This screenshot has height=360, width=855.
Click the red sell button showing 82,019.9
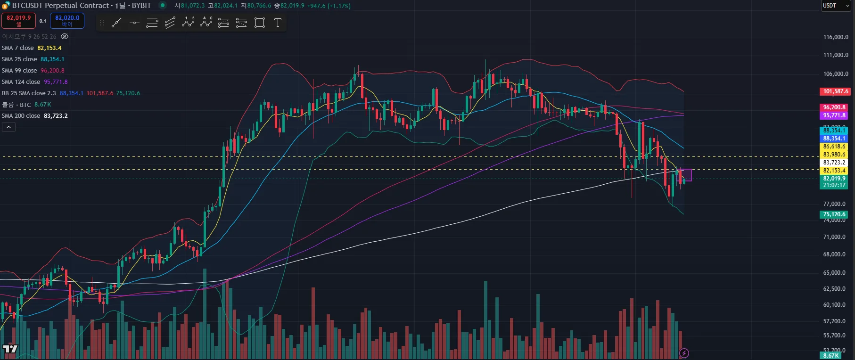click(19, 21)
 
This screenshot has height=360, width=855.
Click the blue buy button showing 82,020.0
click(67, 21)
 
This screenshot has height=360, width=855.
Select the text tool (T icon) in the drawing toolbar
click(278, 23)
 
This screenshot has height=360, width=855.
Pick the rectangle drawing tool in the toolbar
click(260, 23)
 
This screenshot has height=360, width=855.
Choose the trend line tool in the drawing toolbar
click(116, 23)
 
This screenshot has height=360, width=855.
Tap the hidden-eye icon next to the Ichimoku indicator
click(65, 36)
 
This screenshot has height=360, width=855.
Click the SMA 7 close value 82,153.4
click(49, 48)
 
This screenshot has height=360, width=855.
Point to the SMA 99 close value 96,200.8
click(52, 71)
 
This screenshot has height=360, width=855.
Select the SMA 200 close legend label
click(21, 116)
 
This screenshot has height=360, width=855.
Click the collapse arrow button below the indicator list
click(8, 127)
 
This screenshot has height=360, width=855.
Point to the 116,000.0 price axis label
click(835, 37)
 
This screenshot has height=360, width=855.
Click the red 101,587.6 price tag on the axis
click(835, 91)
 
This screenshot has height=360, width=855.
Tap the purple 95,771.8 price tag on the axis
click(834, 115)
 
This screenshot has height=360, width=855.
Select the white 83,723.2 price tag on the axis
click(834, 163)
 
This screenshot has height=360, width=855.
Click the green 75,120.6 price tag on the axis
click(834, 214)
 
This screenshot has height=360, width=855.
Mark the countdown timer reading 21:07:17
click(834, 185)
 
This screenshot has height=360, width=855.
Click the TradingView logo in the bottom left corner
click(10, 349)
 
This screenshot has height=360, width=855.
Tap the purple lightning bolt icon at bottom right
click(684, 353)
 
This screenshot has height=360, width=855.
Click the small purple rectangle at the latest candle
click(686, 175)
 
